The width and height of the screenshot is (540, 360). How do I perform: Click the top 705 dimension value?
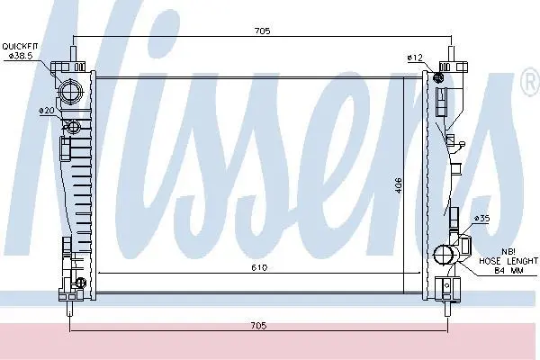(263, 31)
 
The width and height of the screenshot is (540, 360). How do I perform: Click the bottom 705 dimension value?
(258, 326)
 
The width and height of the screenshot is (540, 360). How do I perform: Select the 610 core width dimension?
(259, 267)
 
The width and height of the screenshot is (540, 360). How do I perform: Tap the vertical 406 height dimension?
(398, 185)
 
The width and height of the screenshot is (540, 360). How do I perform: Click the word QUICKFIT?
(21, 47)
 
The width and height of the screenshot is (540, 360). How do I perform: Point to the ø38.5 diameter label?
(21, 56)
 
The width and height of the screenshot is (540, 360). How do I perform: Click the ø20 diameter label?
(46, 111)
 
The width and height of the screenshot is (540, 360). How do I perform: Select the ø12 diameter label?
(415, 58)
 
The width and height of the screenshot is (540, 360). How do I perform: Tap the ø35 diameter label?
(481, 219)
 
